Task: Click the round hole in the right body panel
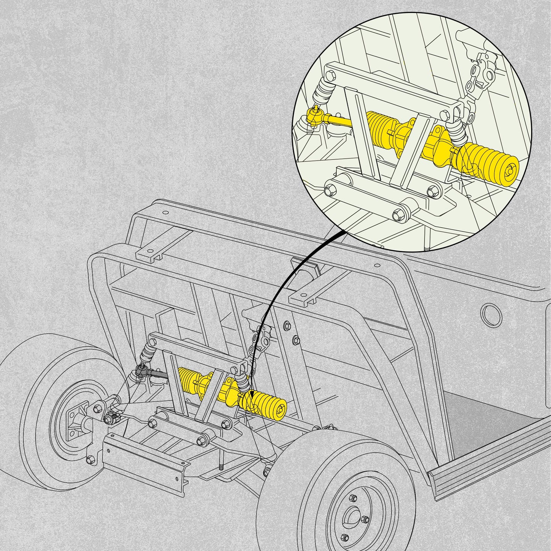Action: coord(492,315)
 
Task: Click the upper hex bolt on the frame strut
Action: coord(287,325)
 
